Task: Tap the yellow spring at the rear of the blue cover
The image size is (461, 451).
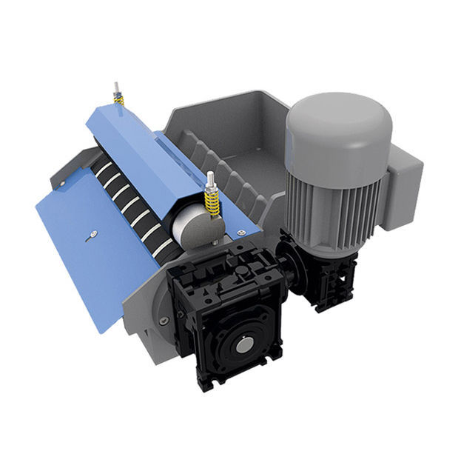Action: [118, 99]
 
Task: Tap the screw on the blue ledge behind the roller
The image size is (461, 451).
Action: [240, 233]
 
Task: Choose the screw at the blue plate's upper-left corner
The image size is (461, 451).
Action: [61, 183]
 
